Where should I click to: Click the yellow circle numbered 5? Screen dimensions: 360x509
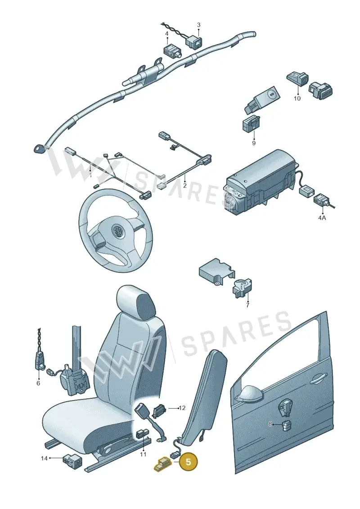coord(188,461)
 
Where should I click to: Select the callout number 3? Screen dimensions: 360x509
coord(198,25)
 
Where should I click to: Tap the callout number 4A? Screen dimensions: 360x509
coord(322,218)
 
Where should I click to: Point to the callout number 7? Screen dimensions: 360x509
coord(247,305)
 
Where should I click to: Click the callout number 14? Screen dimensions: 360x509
coord(44,458)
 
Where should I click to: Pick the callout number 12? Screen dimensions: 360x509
coord(182,408)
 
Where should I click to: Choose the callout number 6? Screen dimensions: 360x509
coord(38,383)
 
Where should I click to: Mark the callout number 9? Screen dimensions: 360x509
coord(253,143)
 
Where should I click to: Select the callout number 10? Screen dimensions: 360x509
coord(297,98)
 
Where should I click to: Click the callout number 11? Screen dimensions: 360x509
coord(143,455)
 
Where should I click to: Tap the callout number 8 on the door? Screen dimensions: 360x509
coord(270,424)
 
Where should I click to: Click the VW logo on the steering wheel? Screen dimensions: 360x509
coord(117,231)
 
